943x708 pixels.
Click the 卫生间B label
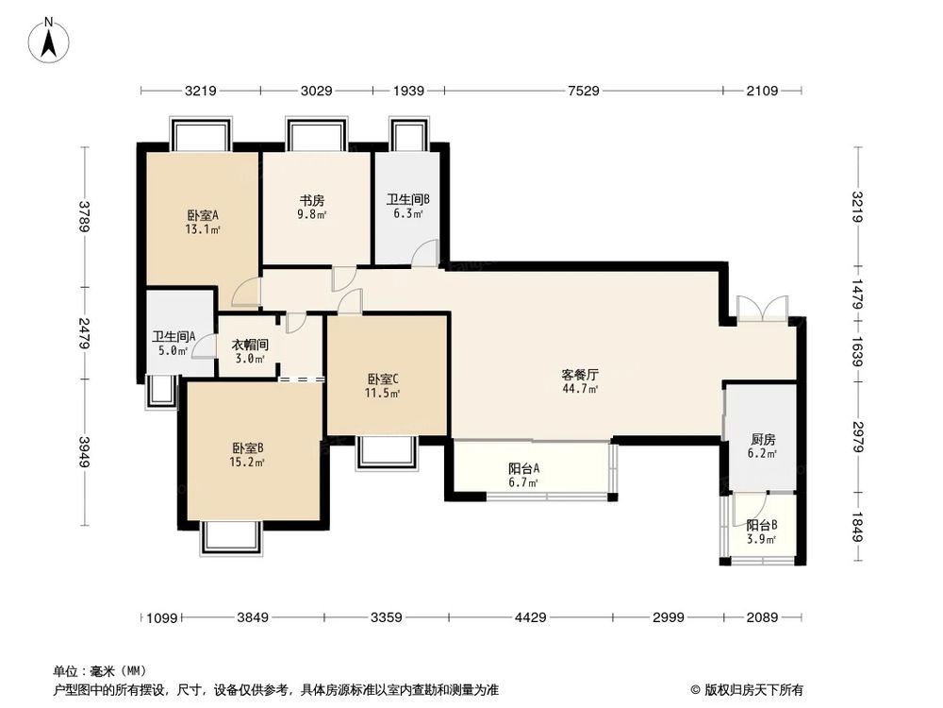click(408, 200)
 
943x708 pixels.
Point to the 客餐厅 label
click(580, 374)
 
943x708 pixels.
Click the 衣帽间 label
click(250, 346)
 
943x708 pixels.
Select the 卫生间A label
click(174, 336)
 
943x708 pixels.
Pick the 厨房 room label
click(763, 440)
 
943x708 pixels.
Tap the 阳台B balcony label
click(761, 526)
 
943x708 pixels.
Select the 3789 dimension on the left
click(85, 216)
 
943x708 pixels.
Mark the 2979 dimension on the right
click(857, 437)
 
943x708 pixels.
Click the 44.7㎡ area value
click(580, 388)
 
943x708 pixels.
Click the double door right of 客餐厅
click(760, 310)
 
